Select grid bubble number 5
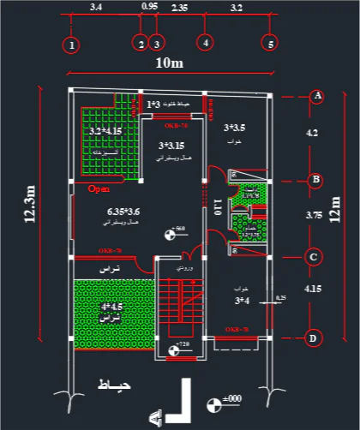tap(271, 43)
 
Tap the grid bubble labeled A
tap(317, 96)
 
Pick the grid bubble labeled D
tap(315, 337)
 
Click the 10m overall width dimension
tap(169, 64)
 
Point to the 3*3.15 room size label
tap(171, 146)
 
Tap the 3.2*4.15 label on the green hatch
tap(105, 130)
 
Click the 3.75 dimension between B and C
tap(314, 217)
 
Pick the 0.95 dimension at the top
tap(148, 7)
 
